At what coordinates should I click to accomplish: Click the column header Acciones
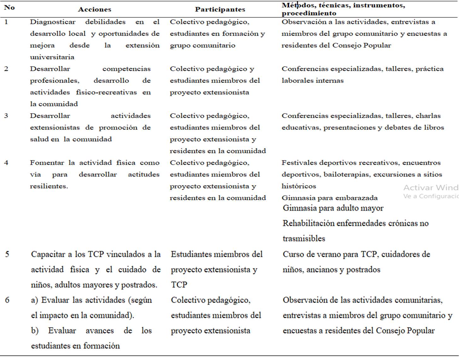pos(95,9)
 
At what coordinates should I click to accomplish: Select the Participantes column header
pos(220,9)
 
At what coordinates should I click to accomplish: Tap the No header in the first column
pos(9,8)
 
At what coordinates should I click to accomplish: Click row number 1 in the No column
pos(6,22)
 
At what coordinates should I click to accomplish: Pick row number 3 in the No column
pos(6,116)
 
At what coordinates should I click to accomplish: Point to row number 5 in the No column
pos(7,254)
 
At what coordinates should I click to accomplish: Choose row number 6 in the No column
pos(7,300)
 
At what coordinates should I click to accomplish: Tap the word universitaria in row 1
pos(52,57)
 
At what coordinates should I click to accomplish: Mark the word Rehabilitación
pos(308,223)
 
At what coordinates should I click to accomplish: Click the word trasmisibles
pos(304,239)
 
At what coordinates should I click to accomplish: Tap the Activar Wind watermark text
pos(431,188)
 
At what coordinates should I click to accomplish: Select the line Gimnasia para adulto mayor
pos(333,208)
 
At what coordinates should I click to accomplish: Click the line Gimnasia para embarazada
pos(329,198)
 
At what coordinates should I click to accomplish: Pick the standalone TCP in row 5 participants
pos(179,285)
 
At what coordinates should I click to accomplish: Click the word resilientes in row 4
pos(49,186)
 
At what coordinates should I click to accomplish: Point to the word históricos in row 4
pos(299,186)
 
